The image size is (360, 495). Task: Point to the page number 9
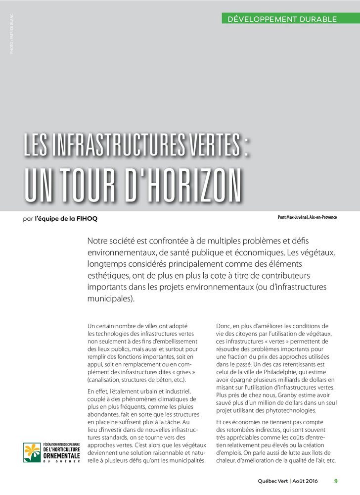tap(336, 481)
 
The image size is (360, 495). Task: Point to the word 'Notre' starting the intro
tap(97, 242)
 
